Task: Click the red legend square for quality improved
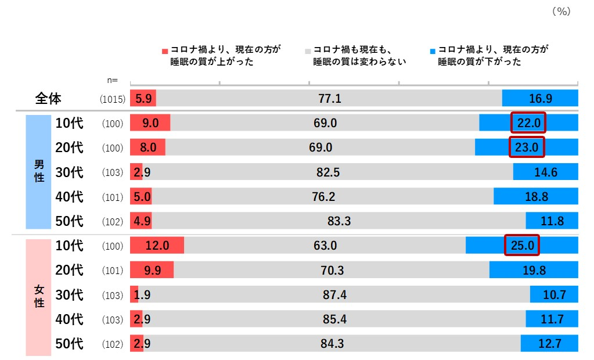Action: [165, 51]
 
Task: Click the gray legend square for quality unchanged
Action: [308, 51]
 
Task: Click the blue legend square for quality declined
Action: [433, 51]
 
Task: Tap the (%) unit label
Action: [561, 11]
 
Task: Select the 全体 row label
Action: [48, 99]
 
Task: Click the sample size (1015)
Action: [113, 99]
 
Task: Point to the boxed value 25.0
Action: [522, 245]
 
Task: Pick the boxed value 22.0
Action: [528, 123]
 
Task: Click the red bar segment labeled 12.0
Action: [157, 246]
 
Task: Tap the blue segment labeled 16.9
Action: [540, 99]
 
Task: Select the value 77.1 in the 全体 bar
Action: [329, 99]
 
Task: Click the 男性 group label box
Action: [39, 172]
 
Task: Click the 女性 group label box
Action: [39, 295]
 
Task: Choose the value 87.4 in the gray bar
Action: [334, 295]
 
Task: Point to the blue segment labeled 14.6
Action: [545, 172]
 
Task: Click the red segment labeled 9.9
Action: [152, 270]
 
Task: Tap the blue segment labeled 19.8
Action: [534, 270]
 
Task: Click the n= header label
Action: [113, 80]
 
